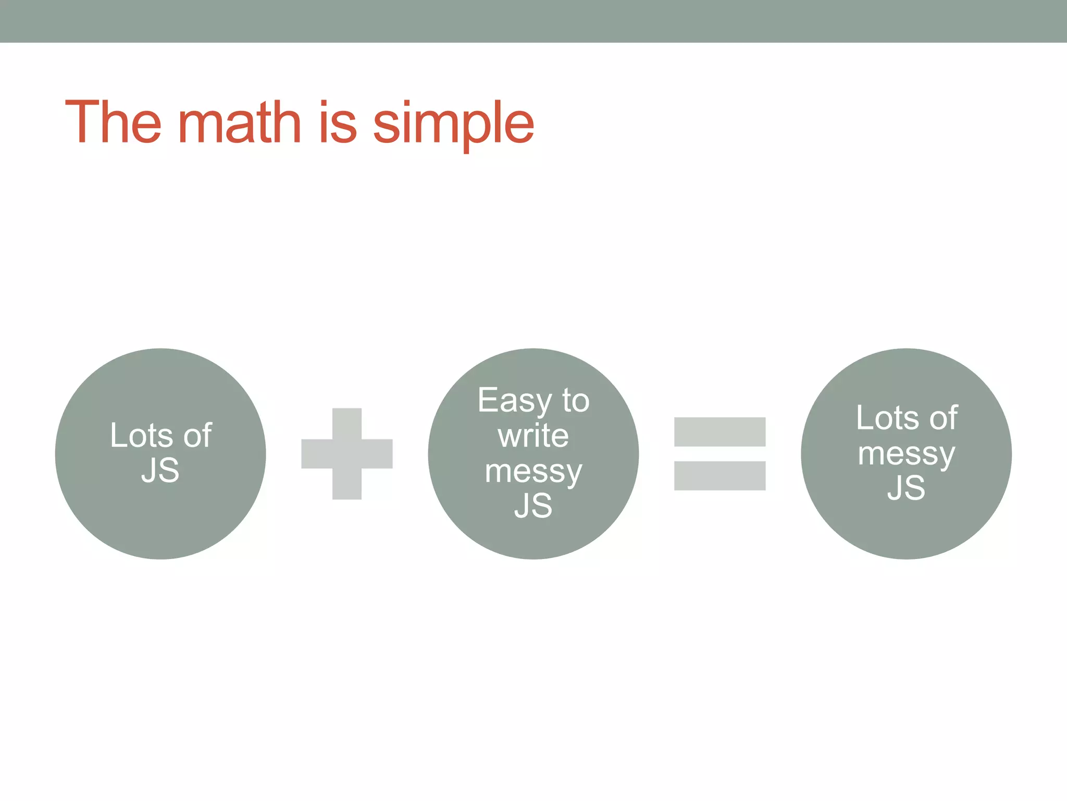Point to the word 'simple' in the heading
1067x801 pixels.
pos(453,125)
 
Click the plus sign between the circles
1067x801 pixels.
pos(347,454)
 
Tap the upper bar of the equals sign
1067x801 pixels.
pos(719,432)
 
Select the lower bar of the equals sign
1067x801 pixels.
pos(719,476)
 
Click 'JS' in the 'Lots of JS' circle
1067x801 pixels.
pos(160,470)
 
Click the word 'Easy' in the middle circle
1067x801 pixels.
pos(514,402)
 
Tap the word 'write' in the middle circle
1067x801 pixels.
pos(533,435)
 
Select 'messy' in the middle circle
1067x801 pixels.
pos(533,472)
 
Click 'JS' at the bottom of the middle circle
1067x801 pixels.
pos(533,505)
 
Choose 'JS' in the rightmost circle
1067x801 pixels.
pos(906,488)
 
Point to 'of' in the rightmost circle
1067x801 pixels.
pos(944,418)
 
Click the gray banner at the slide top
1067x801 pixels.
pos(533,21)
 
